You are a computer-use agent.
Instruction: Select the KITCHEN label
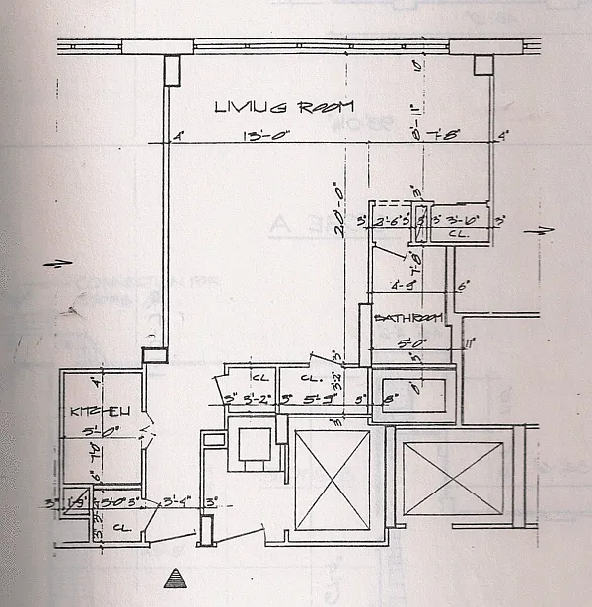pos(90,411)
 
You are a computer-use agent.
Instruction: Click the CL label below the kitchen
pos(119,527)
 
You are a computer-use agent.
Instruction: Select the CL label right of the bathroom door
pos(456,235)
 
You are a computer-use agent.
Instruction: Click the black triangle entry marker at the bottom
pos(176,577)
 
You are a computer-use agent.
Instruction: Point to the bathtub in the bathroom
pos(413,395)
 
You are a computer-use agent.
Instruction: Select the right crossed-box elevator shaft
pos(452,477)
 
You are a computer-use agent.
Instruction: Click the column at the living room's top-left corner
pos(171,69)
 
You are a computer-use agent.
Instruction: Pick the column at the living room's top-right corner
pos(481,65)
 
